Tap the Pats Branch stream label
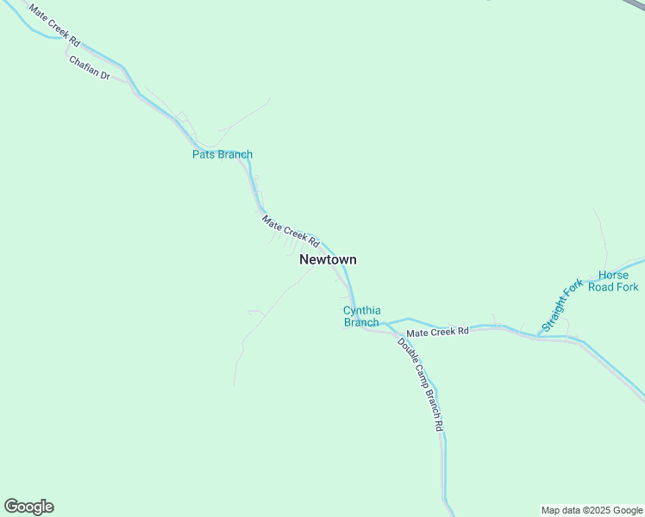(222, 155)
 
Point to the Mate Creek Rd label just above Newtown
(291, 232)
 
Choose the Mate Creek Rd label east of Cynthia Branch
(437, 332)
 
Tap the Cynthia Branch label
(361, 316)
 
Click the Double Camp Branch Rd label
(420, 383)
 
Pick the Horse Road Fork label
(613, 281)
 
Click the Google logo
(29, 507)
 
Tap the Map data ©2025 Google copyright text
(592, 510)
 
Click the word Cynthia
(362, 310)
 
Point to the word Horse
(613, 275)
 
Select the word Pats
(204, 155)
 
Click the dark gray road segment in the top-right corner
(636, 4)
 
